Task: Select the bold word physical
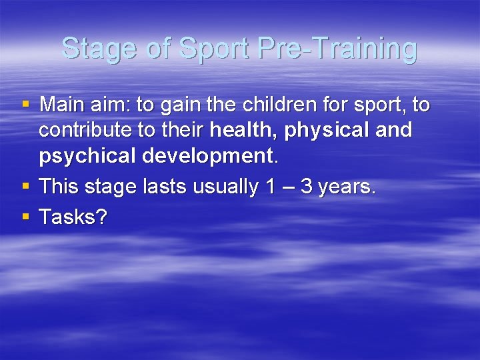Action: click(x=327, y=131)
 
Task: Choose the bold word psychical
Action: click(x=86, y=157)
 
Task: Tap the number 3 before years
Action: click(x=307, y=187)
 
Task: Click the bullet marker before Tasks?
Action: click(x=26, y=216)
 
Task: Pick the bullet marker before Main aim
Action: click(x=26, y=105)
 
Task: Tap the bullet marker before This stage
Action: click(x=26, y=187)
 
